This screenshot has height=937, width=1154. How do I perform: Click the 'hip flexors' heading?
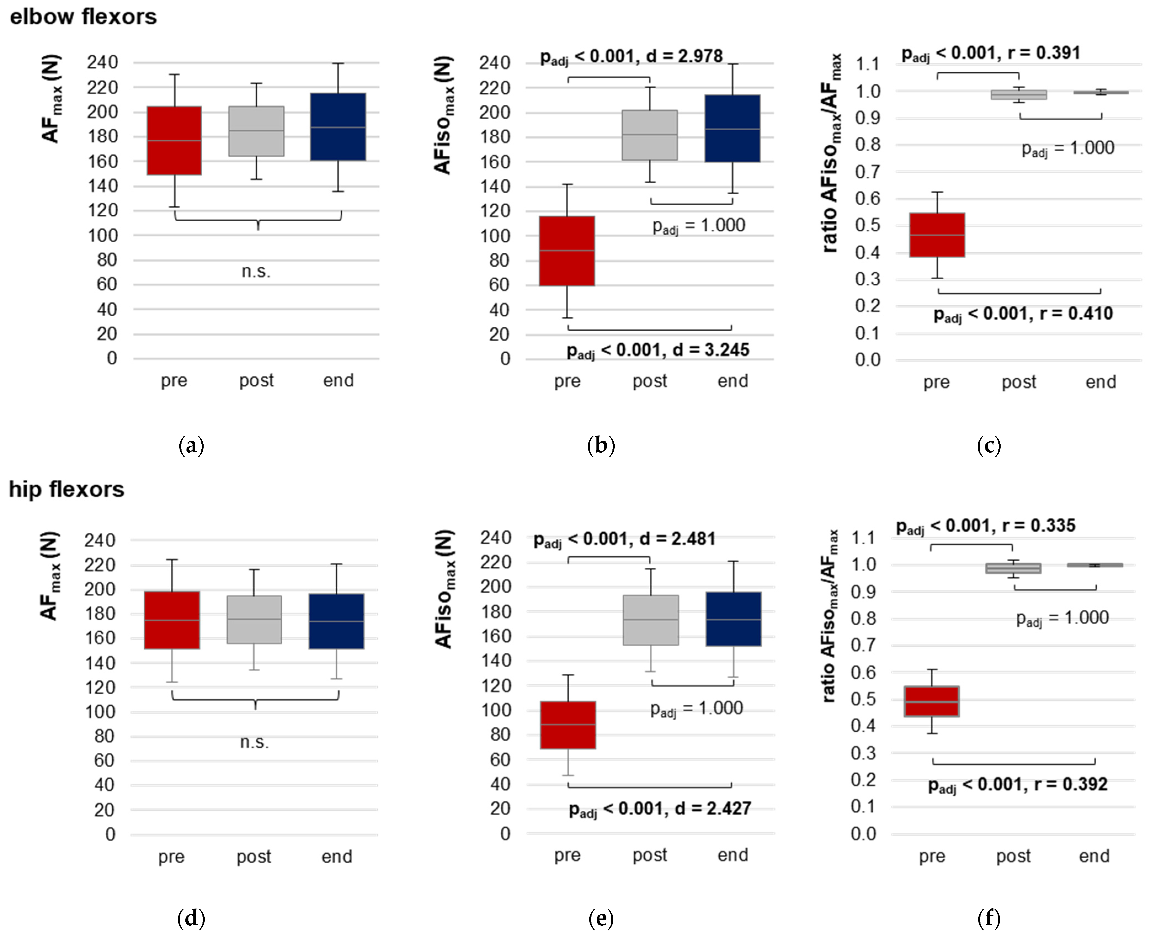pyautogui.click(x=66, y=490)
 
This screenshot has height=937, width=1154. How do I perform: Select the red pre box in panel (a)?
pyautogui.click(x=174, y=140)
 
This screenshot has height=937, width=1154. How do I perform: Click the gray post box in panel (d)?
pyautogui.click(x=254, y=620)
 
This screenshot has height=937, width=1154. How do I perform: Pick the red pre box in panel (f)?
pyautogui.click(x=932, y=701)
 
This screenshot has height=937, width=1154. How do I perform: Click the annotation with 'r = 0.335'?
pyautogui.click(x=986, y=526)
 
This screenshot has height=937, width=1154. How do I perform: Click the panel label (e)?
pyautogui.click(x=601, y=918)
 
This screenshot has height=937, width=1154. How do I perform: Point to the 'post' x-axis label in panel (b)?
pyautogui.click(x=650, y=381)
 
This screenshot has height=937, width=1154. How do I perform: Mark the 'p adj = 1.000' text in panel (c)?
pyautogui.click(x=1068, y=148)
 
